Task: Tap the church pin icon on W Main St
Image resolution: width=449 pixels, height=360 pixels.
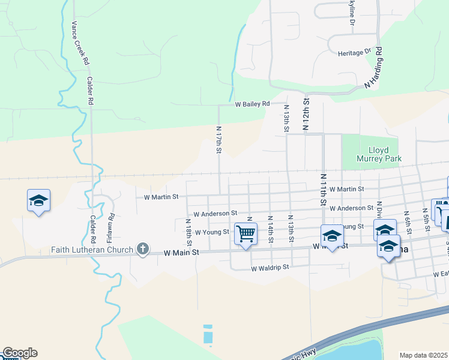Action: click(x=142, y=249)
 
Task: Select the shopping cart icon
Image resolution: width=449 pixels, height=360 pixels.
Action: click(x=246, y=233)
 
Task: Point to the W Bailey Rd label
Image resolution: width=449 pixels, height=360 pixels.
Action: click(x=253, y=104)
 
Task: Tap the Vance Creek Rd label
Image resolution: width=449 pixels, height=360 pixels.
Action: click(x=79, y=43)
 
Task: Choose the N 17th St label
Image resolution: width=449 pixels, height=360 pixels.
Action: click(x=219, y=139)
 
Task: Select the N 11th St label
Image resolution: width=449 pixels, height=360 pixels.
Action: click(x=323, y=190)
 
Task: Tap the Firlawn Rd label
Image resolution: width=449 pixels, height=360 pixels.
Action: click(x=111, y=223)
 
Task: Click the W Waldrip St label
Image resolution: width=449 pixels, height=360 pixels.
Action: click(x=270, y=268)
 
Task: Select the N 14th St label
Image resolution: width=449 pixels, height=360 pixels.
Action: click(x=271, y=230)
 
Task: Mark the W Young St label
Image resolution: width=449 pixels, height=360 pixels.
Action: click(x=212, y=232)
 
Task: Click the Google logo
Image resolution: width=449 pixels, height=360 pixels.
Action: click(x=19, y=353)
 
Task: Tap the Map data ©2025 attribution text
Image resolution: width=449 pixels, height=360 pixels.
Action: click(x=424, y=355)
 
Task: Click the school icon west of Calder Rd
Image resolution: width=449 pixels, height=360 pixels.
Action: click(x=38, y=201)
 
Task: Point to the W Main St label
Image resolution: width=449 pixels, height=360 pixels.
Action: click(x=181, y=253)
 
